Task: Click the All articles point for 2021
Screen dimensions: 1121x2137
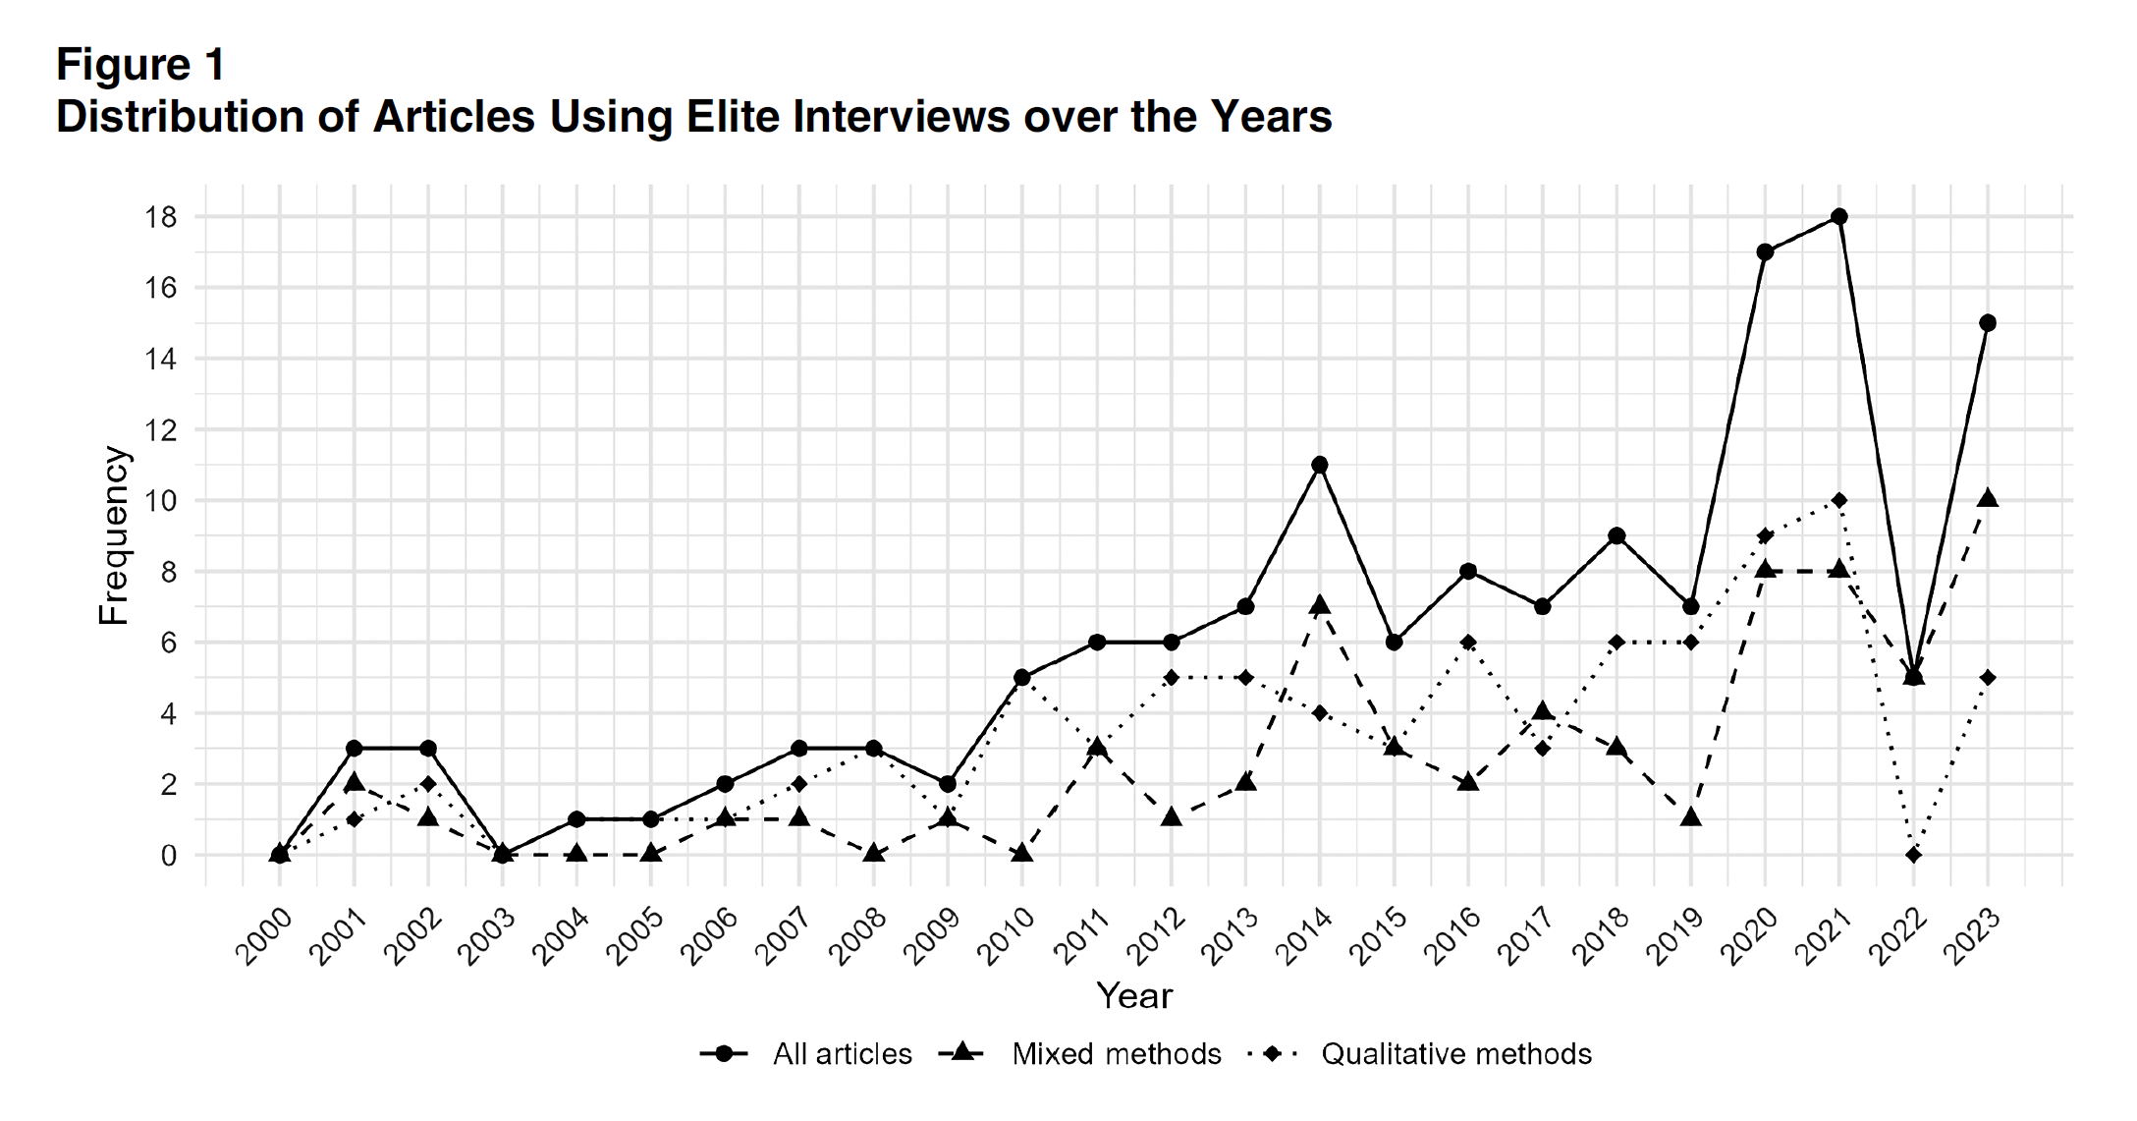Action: (x=1839, y=216)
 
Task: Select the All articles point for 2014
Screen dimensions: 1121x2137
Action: (x=1320, y=465)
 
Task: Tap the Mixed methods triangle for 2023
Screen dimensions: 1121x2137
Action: (x=1988, y=499)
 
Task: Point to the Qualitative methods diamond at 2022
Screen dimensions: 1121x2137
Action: (x=1913, y=855)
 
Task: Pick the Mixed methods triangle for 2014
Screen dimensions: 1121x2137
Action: (x=1320, y=605)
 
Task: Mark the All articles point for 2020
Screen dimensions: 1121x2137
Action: (x=1765, y=252)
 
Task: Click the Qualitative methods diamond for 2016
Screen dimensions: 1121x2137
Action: (x=1468, y=643)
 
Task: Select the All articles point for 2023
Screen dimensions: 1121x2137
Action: (x=1988, y=323)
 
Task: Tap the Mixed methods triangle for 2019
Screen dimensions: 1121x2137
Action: (x=1691, y=817)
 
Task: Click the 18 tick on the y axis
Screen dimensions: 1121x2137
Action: (x=161, y=217)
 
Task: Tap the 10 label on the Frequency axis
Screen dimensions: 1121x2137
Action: (x=161, y=501)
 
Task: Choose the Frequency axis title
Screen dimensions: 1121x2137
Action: (x=114, y=535)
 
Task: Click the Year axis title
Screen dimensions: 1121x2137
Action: (x=1134, y=996)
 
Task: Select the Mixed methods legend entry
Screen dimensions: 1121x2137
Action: (x=1116, y=1054)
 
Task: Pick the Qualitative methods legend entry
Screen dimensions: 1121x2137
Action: (x=1455, y=1054)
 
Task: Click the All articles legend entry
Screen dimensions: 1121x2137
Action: (x=842, y=1054)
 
